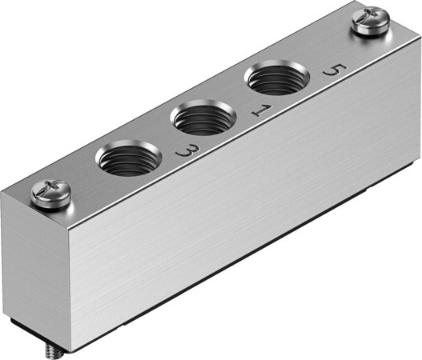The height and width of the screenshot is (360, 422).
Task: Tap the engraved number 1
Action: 259,109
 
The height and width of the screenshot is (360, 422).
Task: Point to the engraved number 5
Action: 330,70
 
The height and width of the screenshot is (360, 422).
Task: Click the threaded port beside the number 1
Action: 199,120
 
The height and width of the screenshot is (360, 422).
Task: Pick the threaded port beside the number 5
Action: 272,80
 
